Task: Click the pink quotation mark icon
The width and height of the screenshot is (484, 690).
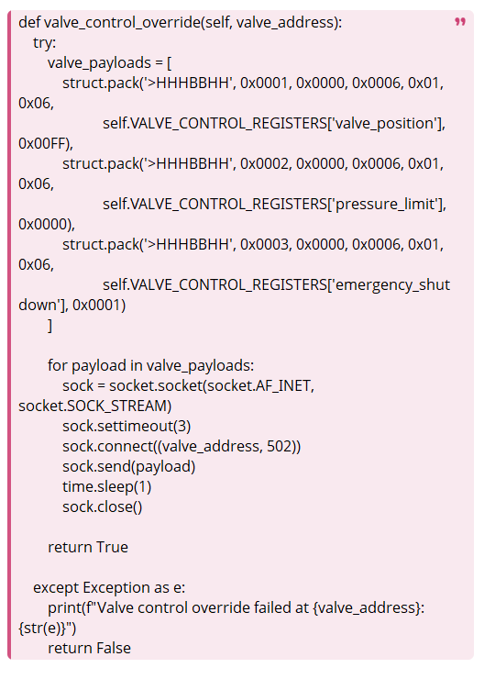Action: pos(460,22)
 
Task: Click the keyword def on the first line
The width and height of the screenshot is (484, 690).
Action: pos(29,22)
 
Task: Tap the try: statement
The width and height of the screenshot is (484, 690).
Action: pos(45,43)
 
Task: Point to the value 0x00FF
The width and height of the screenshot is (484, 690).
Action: pos(43,143)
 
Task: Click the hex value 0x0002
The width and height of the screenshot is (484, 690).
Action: pos(264,163)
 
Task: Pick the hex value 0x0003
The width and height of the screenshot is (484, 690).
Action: pos(264,244)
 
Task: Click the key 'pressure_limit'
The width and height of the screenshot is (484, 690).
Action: pos(386,205)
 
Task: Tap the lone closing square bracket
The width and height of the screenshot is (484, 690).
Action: pos(50,326)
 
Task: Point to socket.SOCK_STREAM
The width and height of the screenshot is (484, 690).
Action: pos(93,406)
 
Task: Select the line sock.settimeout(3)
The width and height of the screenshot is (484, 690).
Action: pos(126,426)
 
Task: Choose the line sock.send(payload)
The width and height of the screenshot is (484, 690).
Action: pos(129,466)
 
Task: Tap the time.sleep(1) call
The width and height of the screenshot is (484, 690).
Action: pos(107,486)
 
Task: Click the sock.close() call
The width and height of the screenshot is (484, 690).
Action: pos(103,506)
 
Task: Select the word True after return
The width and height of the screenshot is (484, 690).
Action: pos(113,547)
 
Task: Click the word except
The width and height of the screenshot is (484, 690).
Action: pos(56,588)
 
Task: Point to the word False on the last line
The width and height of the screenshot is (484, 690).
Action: pos(114,648)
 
